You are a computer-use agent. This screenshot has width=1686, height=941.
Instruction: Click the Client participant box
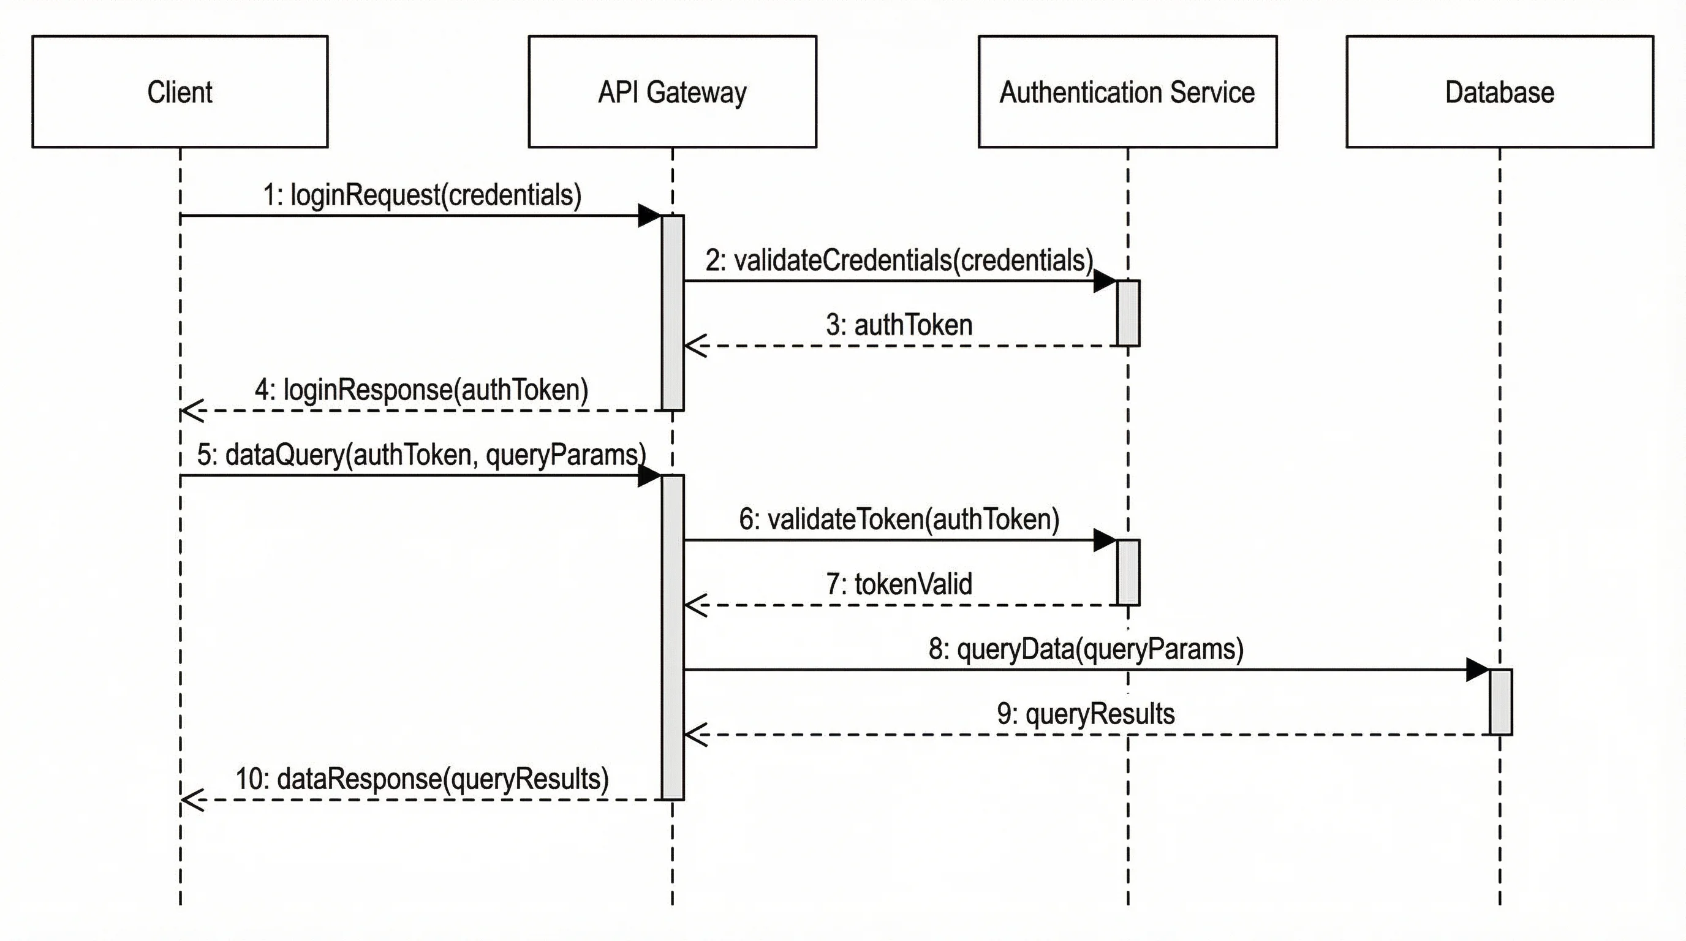pyautogui.click(x=180, y=92)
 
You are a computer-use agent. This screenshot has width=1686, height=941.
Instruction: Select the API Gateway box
pyautogui.click(x=672, y=92)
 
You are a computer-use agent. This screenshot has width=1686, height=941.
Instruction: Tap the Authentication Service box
pyautogui.click(x=1127, y=92)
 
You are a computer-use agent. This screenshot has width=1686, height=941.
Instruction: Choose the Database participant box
pyautogui.click(x=1500, y=92)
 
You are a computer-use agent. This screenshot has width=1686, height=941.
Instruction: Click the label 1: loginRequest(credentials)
pyautogui.click(x=422, y=195)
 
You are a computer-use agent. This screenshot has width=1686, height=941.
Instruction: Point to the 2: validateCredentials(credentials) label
pyautogui.click(x=899, y=260)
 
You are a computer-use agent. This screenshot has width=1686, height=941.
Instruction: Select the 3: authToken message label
pyautogui.click(x=899, y=325)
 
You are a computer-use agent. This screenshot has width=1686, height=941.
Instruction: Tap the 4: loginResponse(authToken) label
pyautogui.click(x=421, y=390)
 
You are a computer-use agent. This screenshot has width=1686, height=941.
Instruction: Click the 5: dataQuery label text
pyautogui.click(x=421, y=455)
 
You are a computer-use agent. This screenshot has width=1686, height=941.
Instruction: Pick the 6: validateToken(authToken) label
pyautogui.click(x=899, y=520)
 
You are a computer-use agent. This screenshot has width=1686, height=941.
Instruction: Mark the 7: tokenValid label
pyautogui.click(x=899, y=584)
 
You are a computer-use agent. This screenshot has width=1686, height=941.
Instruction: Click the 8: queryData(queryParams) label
pyautogui.click(x=1086, y=649)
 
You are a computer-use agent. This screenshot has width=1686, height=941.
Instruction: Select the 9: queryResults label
pyautogui.click(x=1086, y=714)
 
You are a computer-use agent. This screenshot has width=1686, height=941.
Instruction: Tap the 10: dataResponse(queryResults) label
pyautogui.click(x=422, y=779)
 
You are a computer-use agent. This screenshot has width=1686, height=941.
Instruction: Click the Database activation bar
pyautogui.click(x=1501, y=701)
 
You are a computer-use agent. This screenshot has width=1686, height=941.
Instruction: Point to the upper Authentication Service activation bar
pyautogui.click(x=1128, y=313)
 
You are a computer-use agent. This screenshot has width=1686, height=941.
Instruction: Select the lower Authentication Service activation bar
pyautogui.click(x=1128, y=572)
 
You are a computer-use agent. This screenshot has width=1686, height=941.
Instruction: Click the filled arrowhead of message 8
pyautogui.click(x=1477, y=670)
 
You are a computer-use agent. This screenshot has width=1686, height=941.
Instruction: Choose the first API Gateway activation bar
pyautogui.click(x=672, y=313)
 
